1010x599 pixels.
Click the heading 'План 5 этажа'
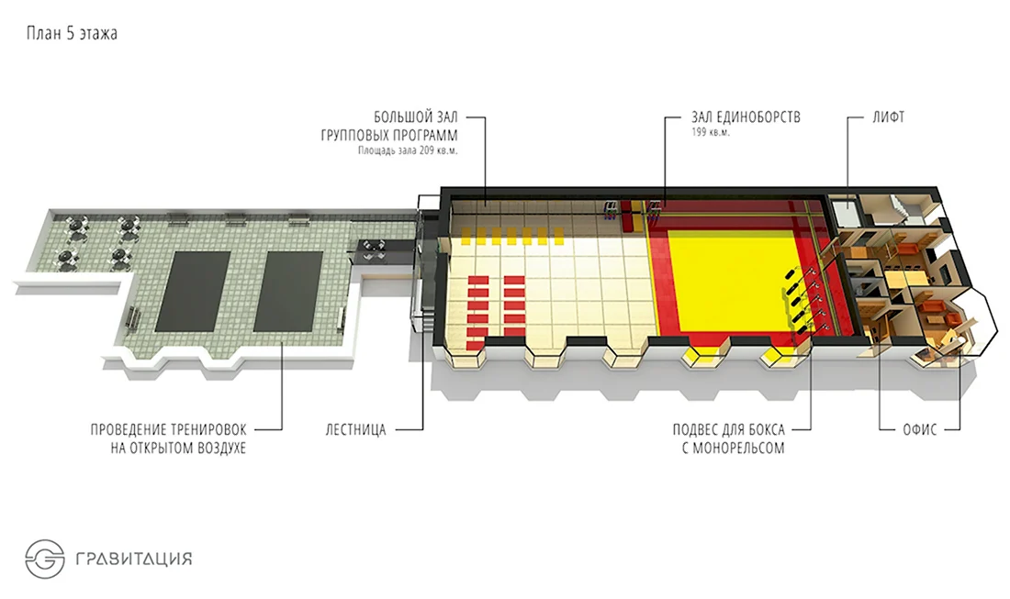click(x=72, y=33)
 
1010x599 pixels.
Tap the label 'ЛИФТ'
click(x=888, y=117)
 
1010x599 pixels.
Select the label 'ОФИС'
click(x=920, y=429)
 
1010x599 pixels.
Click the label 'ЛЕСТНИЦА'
click(x=355, y=430)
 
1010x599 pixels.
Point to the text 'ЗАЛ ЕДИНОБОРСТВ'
click(x=746, y=117)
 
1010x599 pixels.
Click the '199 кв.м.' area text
click(x=711, y=133)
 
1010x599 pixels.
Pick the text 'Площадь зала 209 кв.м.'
click(x=408, y=151)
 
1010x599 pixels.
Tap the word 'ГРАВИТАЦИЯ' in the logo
click(x=134, y=558)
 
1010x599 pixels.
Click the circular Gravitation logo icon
click(x=45, y=559)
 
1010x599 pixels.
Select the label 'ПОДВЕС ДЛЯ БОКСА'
click(x=728, y=430)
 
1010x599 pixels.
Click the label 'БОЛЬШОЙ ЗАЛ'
click(x=416, y=117)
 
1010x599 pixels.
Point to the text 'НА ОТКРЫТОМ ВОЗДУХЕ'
click(x=178, y=448)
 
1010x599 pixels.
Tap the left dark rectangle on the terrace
click(x=193, y=292)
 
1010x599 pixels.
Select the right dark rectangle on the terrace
click(x=288, y=292)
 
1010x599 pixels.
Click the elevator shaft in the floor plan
click(x=845, y=212)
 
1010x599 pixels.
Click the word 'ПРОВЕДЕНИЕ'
click(x=128, y=430)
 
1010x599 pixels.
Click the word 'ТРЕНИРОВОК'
click(x=208, y=430)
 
